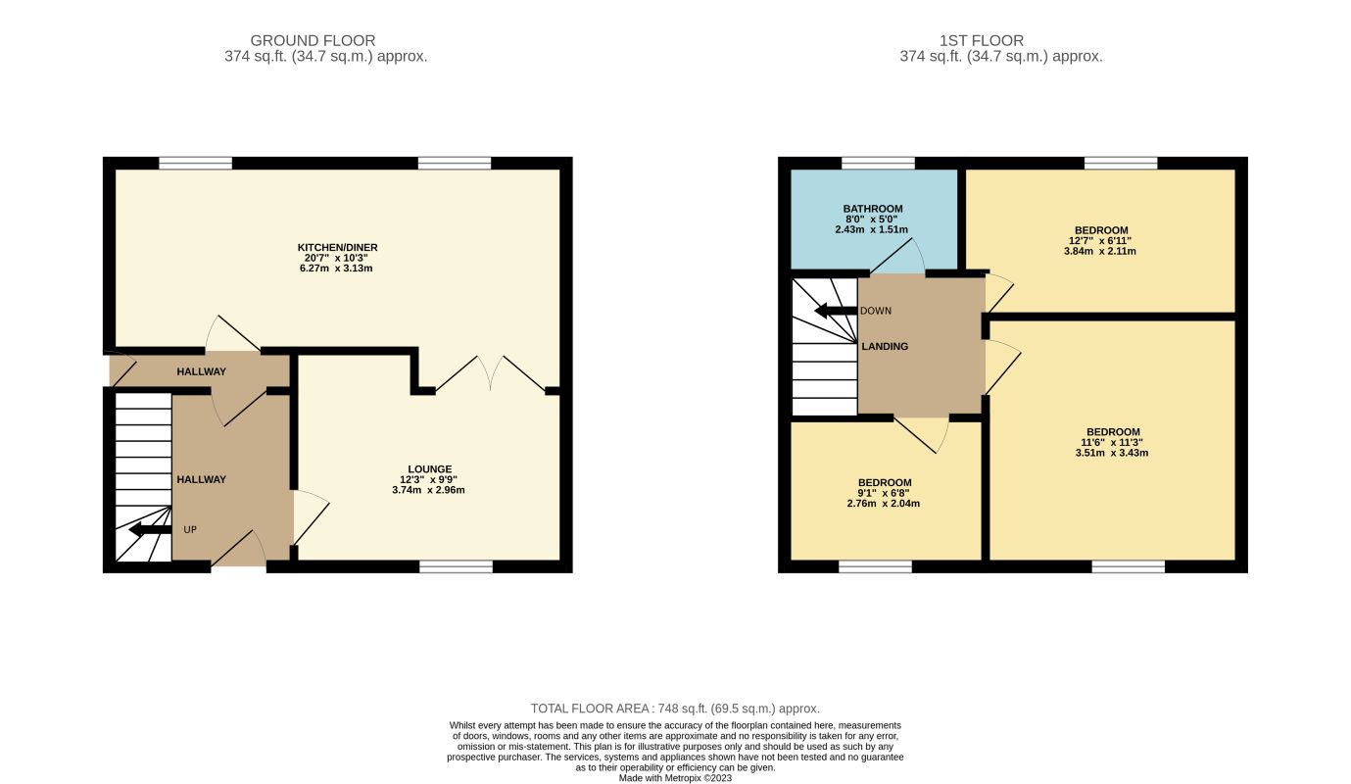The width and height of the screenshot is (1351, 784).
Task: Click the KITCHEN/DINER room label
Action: click(337, 248)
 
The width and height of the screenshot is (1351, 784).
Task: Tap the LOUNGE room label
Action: click(429, 469)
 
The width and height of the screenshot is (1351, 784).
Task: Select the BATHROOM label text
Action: click(873, 209)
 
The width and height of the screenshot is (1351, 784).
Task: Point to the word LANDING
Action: click(885, 347)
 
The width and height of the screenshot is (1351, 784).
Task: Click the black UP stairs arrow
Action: click(150, 530)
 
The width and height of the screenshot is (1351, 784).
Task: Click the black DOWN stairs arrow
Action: click(836, 311)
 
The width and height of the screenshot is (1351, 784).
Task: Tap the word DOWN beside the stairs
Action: click(876, 311)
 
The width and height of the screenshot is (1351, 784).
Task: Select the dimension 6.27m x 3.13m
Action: click(336, 268)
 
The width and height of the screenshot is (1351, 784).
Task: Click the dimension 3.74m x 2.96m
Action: click(428, 490)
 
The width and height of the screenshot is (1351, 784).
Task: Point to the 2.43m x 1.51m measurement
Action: click(872, 230)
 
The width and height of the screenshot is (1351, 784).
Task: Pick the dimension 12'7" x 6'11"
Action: click(1100, 241)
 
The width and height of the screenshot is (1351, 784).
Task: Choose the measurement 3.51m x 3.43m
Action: click(1112, 453)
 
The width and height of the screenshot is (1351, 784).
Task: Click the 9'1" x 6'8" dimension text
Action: click(884, 493)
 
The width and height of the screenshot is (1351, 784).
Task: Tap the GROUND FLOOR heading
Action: click(314, 40)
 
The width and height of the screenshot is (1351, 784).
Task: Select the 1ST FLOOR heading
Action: click(982, 40)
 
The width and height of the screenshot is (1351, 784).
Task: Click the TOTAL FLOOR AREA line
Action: click(675, 709)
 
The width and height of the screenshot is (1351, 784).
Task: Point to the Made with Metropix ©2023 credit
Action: click(675, 778)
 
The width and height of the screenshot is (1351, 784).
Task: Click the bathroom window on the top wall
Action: click(878, 163)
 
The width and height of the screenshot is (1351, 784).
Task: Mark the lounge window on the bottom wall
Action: click(456, 566)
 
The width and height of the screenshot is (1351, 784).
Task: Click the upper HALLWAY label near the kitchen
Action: click(202, 371)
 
